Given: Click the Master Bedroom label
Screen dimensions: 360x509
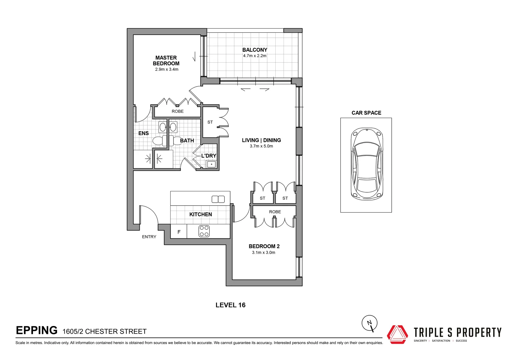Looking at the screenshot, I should pyautogui.click(x=166, y=61).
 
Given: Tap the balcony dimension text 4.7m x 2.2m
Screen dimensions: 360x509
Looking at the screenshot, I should pyautogui.click(x=255, y=56).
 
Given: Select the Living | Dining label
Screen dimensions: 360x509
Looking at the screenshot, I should pyautogui.click(x=261, y=140).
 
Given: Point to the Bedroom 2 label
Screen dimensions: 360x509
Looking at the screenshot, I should pyautogui.click(x=264, y=246).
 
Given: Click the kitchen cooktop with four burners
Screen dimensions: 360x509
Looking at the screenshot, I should pyautogui.click(x=204, y=231).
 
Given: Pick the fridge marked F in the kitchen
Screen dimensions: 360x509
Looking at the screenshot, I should pyautogui.click(x=179, y=232).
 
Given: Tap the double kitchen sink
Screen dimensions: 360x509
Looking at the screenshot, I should pyautogui.click(x=218, y=199).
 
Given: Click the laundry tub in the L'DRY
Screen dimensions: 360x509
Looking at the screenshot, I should pyautogui.click(x=211, y=164).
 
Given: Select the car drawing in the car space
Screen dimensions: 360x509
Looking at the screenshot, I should pyautogui.click(x=366, y=164).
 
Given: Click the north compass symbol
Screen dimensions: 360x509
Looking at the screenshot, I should pyautogui.click(x=370, y=323).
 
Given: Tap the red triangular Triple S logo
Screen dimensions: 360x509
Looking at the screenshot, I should pyautogui.click(x=397, y=334).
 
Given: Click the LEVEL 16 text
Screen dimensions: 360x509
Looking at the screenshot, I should pyautogui.click(x=230, y=305).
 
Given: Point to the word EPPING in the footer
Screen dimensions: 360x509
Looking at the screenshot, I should pyautogui.click(x=37, y=330).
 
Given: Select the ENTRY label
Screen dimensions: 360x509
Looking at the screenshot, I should pyautogui.click(x=149, y=237).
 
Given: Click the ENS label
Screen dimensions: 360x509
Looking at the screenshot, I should pyautogui.click(x=143, y=133).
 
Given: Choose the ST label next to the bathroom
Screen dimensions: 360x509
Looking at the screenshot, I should pyautogui.click(x=210, y=122).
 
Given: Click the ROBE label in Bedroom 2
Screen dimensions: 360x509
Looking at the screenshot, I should pyautogui.click(x=275, y=212).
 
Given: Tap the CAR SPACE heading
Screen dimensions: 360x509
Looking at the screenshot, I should pyautogui.click(x=366, y=113).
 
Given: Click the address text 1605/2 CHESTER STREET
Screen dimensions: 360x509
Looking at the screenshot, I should pyautogui.click(x=105, y=331).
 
